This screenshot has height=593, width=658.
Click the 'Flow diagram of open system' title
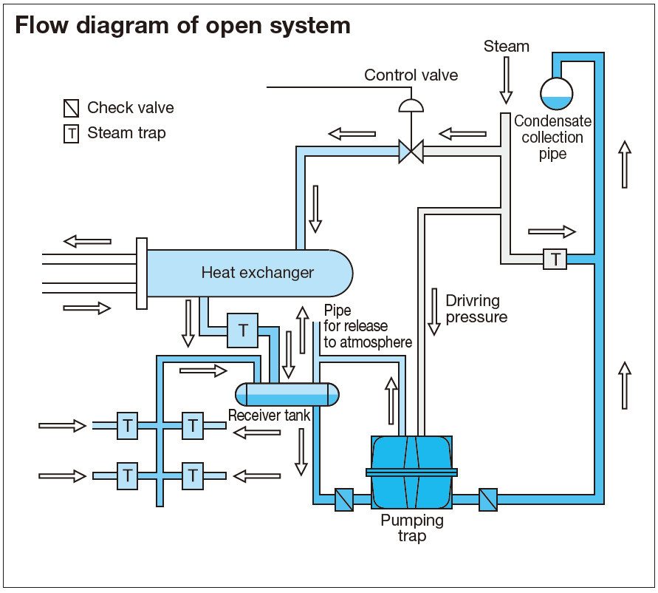tap(182, 26)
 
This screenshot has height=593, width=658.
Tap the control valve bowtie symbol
tap(411, 152)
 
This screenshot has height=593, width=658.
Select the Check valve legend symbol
tap(71, 109)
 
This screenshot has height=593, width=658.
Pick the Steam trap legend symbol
tap(71, 134)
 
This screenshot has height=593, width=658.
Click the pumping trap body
tap(411, 472)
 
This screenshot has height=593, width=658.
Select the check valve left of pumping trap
tap(345, 500)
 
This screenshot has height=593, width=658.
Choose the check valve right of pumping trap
tap(487, 500)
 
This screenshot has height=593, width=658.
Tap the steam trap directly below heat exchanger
tap(242, 330)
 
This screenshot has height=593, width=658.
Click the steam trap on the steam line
tap(555, 258)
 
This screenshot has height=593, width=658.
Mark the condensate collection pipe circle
tap(556, 92)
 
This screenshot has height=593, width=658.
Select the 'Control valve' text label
tap(411, 75)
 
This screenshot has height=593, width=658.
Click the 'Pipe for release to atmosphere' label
tap(367, 326)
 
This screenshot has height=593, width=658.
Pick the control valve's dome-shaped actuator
tap(411, 105)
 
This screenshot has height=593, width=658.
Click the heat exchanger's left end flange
tap(142, 273)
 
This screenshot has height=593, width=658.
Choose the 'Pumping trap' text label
tap(412, 528)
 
